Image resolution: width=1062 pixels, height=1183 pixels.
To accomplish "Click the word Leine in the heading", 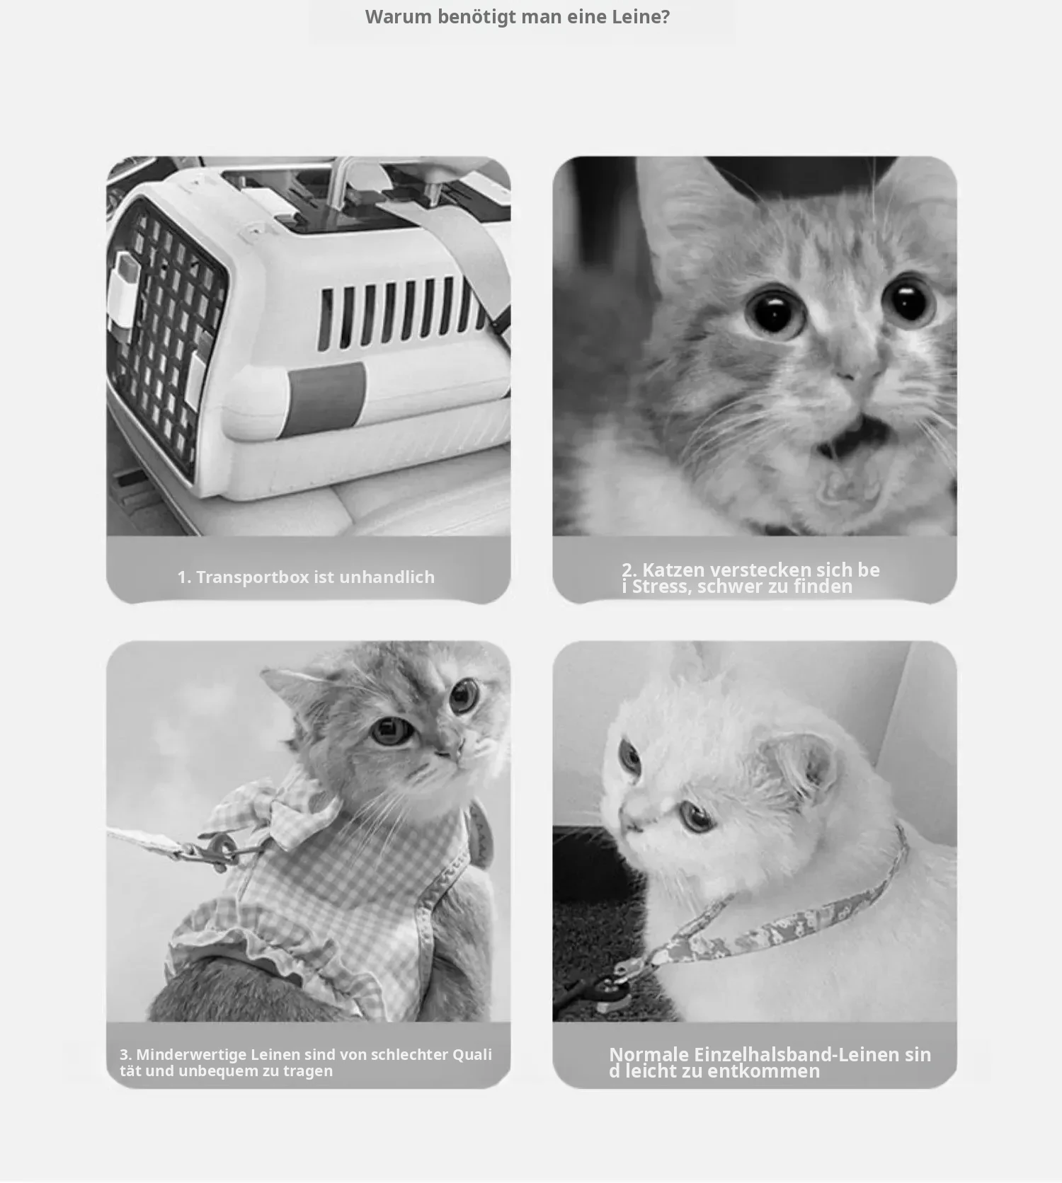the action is [x=640, y=16].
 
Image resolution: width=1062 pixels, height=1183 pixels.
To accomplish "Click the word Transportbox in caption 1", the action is [x=253, y=577].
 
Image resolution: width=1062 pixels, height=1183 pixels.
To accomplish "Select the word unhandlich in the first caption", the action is [x=387, y=577].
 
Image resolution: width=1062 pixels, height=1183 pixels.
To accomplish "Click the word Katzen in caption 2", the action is [x=673, y=570].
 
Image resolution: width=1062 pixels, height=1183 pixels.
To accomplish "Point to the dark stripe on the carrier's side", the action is [x=326, y=398].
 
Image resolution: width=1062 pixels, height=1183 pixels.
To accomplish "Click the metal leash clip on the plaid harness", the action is [x=216, y=850].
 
